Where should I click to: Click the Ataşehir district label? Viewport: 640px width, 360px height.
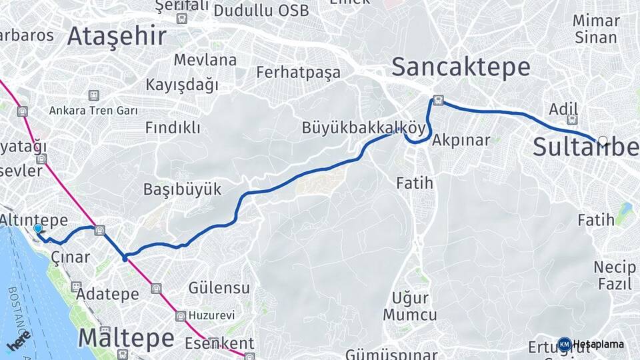[117, 36]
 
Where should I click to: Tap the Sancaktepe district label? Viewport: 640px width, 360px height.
[461, 67]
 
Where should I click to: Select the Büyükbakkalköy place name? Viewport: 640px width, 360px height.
[363, 127]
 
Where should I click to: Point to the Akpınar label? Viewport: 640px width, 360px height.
[461, 140]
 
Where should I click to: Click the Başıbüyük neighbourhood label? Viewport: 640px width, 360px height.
[182, 189]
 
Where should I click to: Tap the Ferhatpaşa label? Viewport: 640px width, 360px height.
[298, 72]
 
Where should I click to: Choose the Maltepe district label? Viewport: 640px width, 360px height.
[126, 337]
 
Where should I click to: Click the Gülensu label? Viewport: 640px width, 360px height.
[219, 288]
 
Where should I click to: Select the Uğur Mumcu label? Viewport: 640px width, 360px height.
[410, 306]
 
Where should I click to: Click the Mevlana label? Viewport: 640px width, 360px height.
[205, 59]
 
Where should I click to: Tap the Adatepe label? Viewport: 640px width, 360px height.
[108, 293]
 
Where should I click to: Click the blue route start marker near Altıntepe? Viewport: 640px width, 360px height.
[38, 229]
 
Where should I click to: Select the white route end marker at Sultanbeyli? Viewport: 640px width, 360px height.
[603, 141]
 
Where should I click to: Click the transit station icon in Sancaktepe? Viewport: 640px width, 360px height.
[438, 101]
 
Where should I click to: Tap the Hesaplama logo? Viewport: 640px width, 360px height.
[593, 345]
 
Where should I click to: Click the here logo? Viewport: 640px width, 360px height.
[19, 340]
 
